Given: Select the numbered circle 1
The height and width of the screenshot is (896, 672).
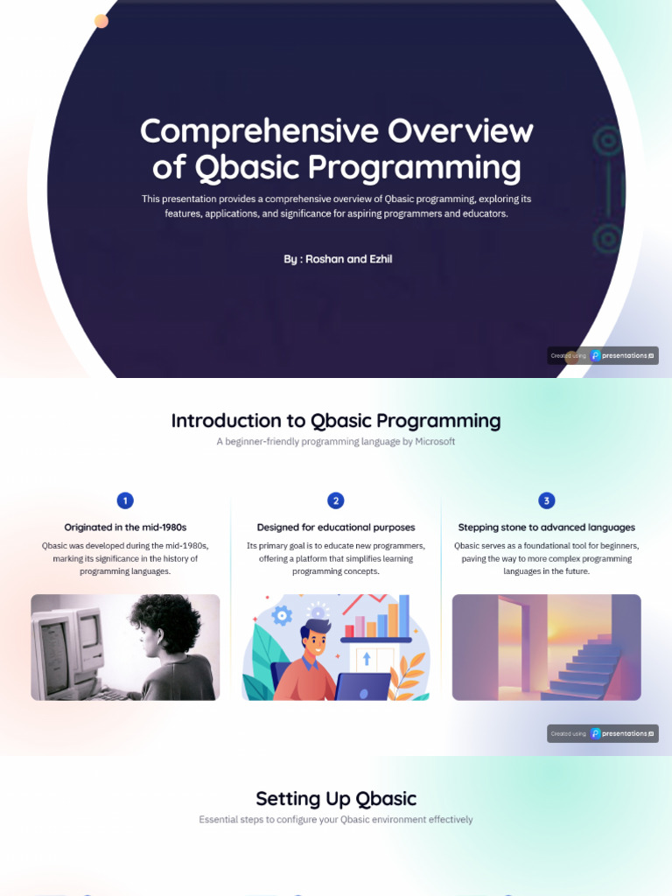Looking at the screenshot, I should tap(125, 500).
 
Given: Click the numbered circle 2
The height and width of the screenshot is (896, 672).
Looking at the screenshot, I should tap(336, 500).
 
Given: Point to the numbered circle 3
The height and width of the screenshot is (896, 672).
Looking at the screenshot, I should tap(547, 500).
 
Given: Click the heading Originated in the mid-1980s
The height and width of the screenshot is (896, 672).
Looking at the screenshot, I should tap(125, 528).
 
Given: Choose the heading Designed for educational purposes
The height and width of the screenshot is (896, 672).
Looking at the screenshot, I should tap(336, 528).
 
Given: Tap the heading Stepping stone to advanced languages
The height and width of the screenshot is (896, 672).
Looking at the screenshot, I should tap(547, 528).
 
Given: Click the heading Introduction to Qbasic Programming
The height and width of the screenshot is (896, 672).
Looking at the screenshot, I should tap(336, 421).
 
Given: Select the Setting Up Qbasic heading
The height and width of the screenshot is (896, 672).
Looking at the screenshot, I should tap(336, 798).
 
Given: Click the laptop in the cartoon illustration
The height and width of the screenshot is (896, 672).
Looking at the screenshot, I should tap(362, 686).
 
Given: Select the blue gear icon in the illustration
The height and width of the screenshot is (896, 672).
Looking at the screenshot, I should tap(282, 616).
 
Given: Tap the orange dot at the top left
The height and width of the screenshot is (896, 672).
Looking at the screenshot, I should tap(101, 21).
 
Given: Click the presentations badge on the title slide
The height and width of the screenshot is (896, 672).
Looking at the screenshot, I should tap(603, 356).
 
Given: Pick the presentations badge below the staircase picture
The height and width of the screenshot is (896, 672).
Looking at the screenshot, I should tap(603, 733).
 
